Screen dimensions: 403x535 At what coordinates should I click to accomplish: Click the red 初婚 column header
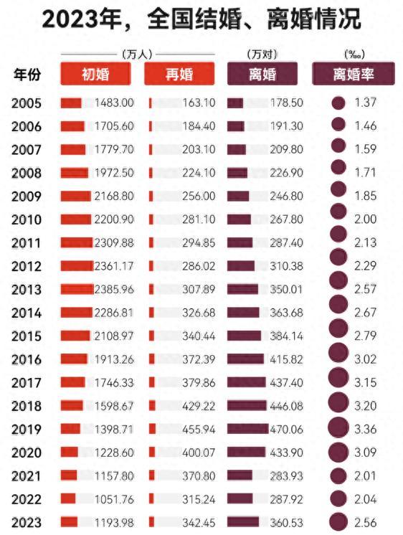point(95,74)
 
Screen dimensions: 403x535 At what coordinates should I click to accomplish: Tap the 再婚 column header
point(179,74)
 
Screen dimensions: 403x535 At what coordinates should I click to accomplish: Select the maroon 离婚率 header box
point(354,74)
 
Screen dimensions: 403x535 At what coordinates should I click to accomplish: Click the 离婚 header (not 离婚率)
point(262,74)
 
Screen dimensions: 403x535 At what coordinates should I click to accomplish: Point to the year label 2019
point(27,430)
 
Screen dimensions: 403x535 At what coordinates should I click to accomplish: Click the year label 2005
point(27,103)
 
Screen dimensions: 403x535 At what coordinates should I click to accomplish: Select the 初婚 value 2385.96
point(113,289)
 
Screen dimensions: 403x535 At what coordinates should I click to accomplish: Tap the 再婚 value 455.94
point(199,430)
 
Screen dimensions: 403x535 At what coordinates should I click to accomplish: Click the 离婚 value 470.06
point(286,430)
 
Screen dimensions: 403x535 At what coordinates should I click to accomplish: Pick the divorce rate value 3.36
point(365,429)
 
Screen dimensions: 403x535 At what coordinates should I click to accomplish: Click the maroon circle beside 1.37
point(338,103)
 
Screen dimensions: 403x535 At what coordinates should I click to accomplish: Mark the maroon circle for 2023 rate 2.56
point(338,522)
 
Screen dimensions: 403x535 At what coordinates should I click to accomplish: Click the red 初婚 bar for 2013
point(77,289)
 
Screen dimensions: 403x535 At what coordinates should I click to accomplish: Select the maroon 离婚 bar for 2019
point(248,429)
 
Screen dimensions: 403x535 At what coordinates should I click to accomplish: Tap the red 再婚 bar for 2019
point(152,429)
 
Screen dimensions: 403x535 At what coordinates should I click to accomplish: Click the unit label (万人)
point(137,55)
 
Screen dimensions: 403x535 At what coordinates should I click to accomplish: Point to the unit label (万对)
point(262,55)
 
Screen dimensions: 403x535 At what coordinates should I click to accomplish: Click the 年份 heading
point(27,75)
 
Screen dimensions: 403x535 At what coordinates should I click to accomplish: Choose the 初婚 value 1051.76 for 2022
point(113,499)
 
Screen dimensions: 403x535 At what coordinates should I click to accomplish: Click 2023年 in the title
point(82,19)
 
